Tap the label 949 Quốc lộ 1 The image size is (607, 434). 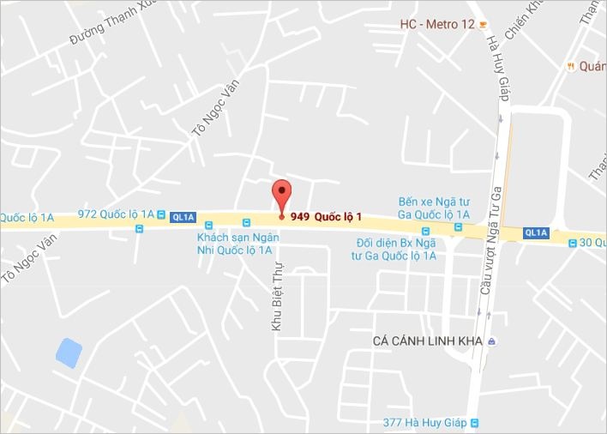pos(326,216)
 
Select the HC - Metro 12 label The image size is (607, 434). pos(436,24)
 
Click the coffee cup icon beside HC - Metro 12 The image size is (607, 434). pos(483,24)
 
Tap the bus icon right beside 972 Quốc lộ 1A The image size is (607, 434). pos(161,214)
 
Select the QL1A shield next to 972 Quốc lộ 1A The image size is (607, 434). pos(183,217)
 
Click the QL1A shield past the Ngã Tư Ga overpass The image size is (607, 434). pos(536,232)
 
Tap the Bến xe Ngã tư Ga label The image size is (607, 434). pos(434,208)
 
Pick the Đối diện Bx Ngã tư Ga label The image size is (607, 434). pos(395,249)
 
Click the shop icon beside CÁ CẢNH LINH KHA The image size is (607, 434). pos(492,341)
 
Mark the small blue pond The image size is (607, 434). pos(68,351)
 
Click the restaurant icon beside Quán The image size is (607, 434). pos(569,66)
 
